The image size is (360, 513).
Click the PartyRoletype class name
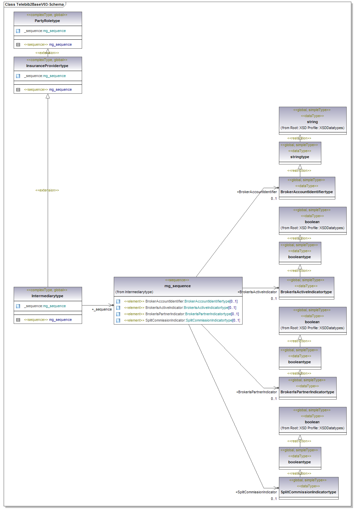[47, 21]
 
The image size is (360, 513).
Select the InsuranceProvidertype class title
[47, 66]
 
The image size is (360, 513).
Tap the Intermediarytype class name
[47, 296]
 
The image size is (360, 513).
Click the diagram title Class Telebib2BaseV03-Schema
[34, 4]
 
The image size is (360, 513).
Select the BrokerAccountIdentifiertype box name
[307, 192]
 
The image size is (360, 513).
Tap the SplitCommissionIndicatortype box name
[308, 492]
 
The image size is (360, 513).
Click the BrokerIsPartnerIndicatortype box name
[307, 392]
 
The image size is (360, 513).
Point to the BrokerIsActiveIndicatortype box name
[306, 292]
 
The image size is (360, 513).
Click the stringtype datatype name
[300, 157]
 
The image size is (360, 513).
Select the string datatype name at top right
[312, 122]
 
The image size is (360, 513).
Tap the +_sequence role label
[102, 309]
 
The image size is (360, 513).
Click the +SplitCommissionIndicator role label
[256, 492]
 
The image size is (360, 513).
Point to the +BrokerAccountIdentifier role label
[257, 192]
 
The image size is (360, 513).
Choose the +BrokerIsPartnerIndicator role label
[257, 392]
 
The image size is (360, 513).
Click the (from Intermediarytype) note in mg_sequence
[134, 292]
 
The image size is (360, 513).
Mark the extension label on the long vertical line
[47, 190]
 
